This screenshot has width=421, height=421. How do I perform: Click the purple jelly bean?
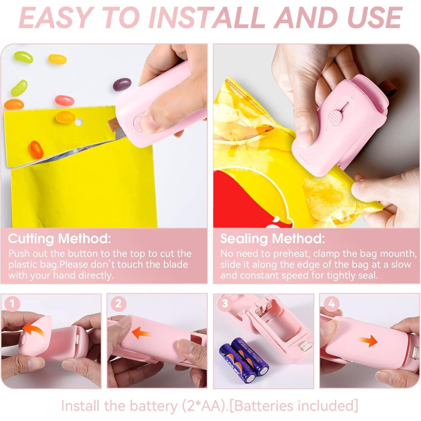[122, 84]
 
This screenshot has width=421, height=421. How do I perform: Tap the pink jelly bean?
[65, 100]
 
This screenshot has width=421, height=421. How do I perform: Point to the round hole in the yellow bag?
[79, 122]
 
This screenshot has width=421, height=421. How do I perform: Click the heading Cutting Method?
[60, 239]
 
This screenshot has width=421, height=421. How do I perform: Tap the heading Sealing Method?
[273, 239]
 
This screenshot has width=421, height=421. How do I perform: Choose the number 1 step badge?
[12, 304]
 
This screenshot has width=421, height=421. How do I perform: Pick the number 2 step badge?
[118, 304]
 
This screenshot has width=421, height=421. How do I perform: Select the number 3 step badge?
[225, 304]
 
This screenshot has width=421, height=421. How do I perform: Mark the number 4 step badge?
[331, 304]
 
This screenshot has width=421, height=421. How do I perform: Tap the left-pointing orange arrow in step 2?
[141, 333]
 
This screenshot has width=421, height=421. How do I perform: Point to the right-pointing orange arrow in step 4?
[368, 341]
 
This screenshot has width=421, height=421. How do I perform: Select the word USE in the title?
[374, 17]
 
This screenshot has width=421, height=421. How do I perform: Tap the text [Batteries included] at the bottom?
[294, 406]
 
